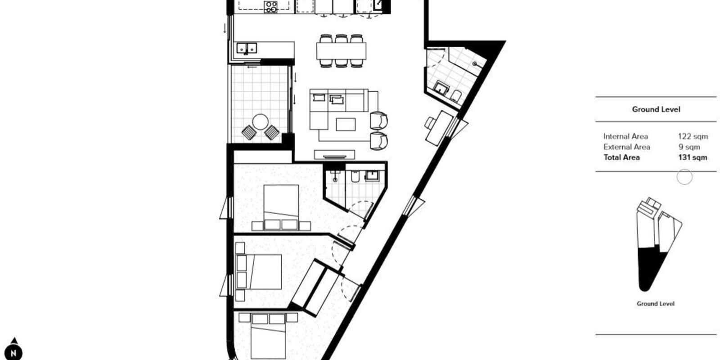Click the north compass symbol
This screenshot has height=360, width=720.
[13, 351]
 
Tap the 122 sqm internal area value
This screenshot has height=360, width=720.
[693, 137]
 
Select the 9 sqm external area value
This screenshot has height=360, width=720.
[689, 147]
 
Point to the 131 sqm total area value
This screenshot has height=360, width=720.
[693, 157]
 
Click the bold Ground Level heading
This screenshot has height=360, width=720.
[656, 109]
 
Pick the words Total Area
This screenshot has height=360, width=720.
[621, 157]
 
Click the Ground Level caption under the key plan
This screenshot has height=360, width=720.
[655, 304]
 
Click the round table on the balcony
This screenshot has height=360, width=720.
[261, 122]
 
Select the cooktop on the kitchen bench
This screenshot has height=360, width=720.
[270, 7]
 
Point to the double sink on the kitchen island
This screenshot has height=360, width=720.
[247, 48]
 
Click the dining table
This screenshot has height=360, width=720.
[341, 51]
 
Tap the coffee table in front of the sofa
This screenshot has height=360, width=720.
[346, 124]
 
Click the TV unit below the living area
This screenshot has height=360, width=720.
[334, 155]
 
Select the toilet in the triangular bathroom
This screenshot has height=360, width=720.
[456, 95]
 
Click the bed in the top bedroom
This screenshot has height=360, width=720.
[281, 203]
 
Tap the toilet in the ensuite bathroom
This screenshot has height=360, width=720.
[355, 176]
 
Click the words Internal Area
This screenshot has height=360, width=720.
[625, 137]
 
